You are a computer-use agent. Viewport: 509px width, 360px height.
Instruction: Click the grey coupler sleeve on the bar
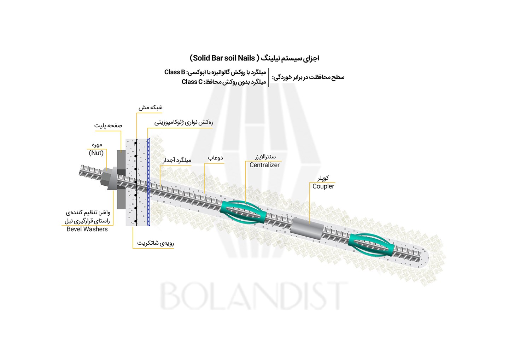point(306,229)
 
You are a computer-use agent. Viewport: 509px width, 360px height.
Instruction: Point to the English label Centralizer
point(264,165)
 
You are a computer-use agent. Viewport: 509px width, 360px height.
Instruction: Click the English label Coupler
point(323,186)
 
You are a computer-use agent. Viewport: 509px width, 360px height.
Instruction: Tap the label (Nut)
point(96,153)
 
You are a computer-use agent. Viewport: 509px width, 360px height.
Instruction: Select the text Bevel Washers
point(87,229)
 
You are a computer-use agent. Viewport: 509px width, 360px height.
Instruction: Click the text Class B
point(174,72)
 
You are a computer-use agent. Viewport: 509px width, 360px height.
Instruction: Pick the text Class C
point(192,82)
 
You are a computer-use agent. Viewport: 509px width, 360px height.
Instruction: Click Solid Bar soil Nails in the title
point(224,58)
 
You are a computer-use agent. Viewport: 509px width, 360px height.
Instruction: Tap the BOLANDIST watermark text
point(252,296)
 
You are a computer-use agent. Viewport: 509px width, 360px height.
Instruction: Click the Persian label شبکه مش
point(150,108)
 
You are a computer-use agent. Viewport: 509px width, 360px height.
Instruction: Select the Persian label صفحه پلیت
point(108,126)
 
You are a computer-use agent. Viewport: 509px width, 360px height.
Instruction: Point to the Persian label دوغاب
point(215,158)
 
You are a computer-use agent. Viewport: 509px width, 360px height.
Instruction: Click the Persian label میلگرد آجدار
point(177,160)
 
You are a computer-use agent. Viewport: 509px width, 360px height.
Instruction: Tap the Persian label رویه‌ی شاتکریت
point(156,243)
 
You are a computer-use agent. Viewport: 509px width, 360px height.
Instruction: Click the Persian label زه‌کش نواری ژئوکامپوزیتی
point(183,123)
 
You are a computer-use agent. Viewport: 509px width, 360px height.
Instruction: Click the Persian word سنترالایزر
point(265,157)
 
